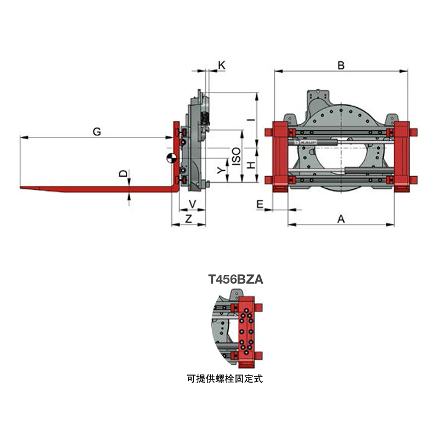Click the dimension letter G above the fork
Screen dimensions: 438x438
[97, 131]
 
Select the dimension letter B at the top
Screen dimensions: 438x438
[341, 65]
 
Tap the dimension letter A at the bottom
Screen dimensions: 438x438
[341, 218]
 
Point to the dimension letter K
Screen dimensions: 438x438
[222, 65]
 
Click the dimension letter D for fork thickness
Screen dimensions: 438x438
[124, 174]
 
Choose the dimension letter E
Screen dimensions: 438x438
[260, 204]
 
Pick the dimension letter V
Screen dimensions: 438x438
[193, 204]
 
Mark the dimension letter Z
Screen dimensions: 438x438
[189, 218]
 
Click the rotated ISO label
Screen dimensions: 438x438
[237, 157]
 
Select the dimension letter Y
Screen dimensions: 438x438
[221, 170]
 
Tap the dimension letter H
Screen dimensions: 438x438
[251, 165]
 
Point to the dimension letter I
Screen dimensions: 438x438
[252, 120]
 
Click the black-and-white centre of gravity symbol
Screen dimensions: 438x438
[171, 158]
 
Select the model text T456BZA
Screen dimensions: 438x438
[236, 279]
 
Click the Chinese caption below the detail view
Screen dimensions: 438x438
[225, 379]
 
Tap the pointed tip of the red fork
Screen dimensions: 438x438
[20, 187]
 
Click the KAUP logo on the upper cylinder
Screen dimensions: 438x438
[306, 142]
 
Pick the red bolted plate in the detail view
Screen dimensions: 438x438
[246, 332]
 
